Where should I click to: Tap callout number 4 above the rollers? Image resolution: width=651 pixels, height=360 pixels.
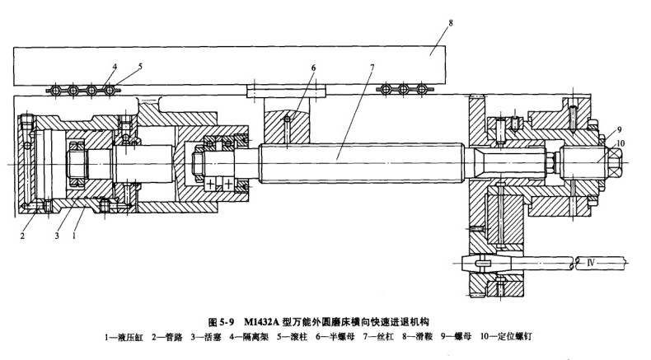pos(115,65)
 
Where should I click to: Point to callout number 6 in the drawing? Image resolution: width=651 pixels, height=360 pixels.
pos(313,67)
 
